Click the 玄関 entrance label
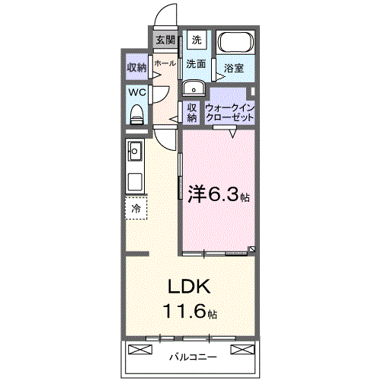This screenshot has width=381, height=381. pos(165,40)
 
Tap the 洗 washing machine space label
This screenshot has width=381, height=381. pos(196,40)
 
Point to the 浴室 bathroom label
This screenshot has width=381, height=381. pos(234,69)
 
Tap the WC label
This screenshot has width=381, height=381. pos(137,92)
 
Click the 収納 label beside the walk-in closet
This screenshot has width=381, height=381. pos(193,113)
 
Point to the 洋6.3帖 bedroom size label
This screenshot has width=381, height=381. pos(218,194)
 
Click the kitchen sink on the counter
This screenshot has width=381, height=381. pos(136,151)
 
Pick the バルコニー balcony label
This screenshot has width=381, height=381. pos(192,356)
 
